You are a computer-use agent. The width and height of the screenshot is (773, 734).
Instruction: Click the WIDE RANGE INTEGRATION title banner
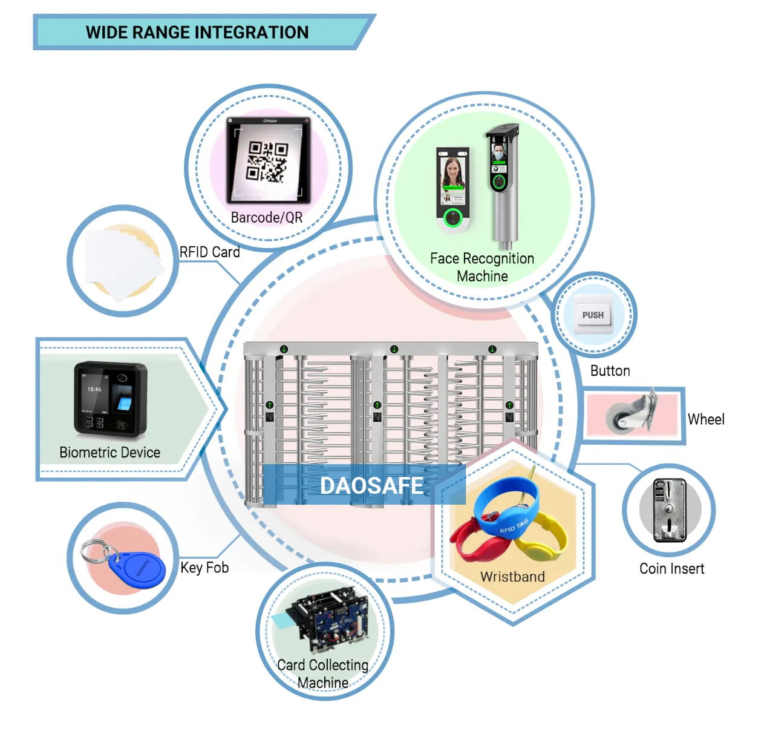197,32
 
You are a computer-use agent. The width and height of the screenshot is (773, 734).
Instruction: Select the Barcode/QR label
267,217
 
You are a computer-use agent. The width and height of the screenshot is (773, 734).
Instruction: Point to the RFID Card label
210,252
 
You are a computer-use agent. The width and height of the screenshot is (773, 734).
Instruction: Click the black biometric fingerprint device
111,399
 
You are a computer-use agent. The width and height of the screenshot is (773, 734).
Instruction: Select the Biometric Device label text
109,453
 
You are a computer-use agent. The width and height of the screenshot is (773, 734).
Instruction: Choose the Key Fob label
204,568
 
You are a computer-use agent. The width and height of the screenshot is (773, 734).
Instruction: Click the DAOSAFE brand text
371,485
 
